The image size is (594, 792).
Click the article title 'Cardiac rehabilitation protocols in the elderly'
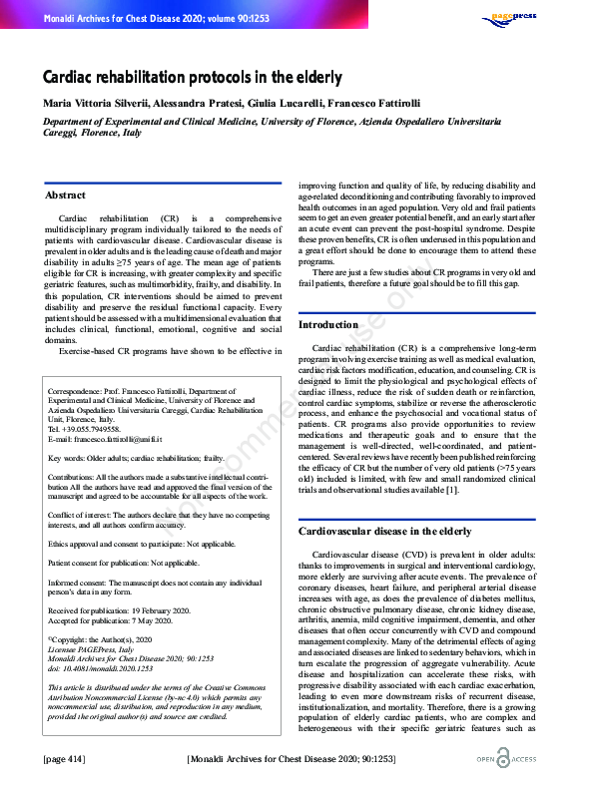(192, 77)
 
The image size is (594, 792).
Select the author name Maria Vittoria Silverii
(96, 103)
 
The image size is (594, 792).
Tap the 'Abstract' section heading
(66, 196)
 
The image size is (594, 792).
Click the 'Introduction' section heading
(328, 325)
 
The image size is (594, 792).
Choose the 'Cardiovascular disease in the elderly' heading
(384, 532)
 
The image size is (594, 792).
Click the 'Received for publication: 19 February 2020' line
(119, 609)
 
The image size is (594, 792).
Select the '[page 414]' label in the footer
(63, 759)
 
